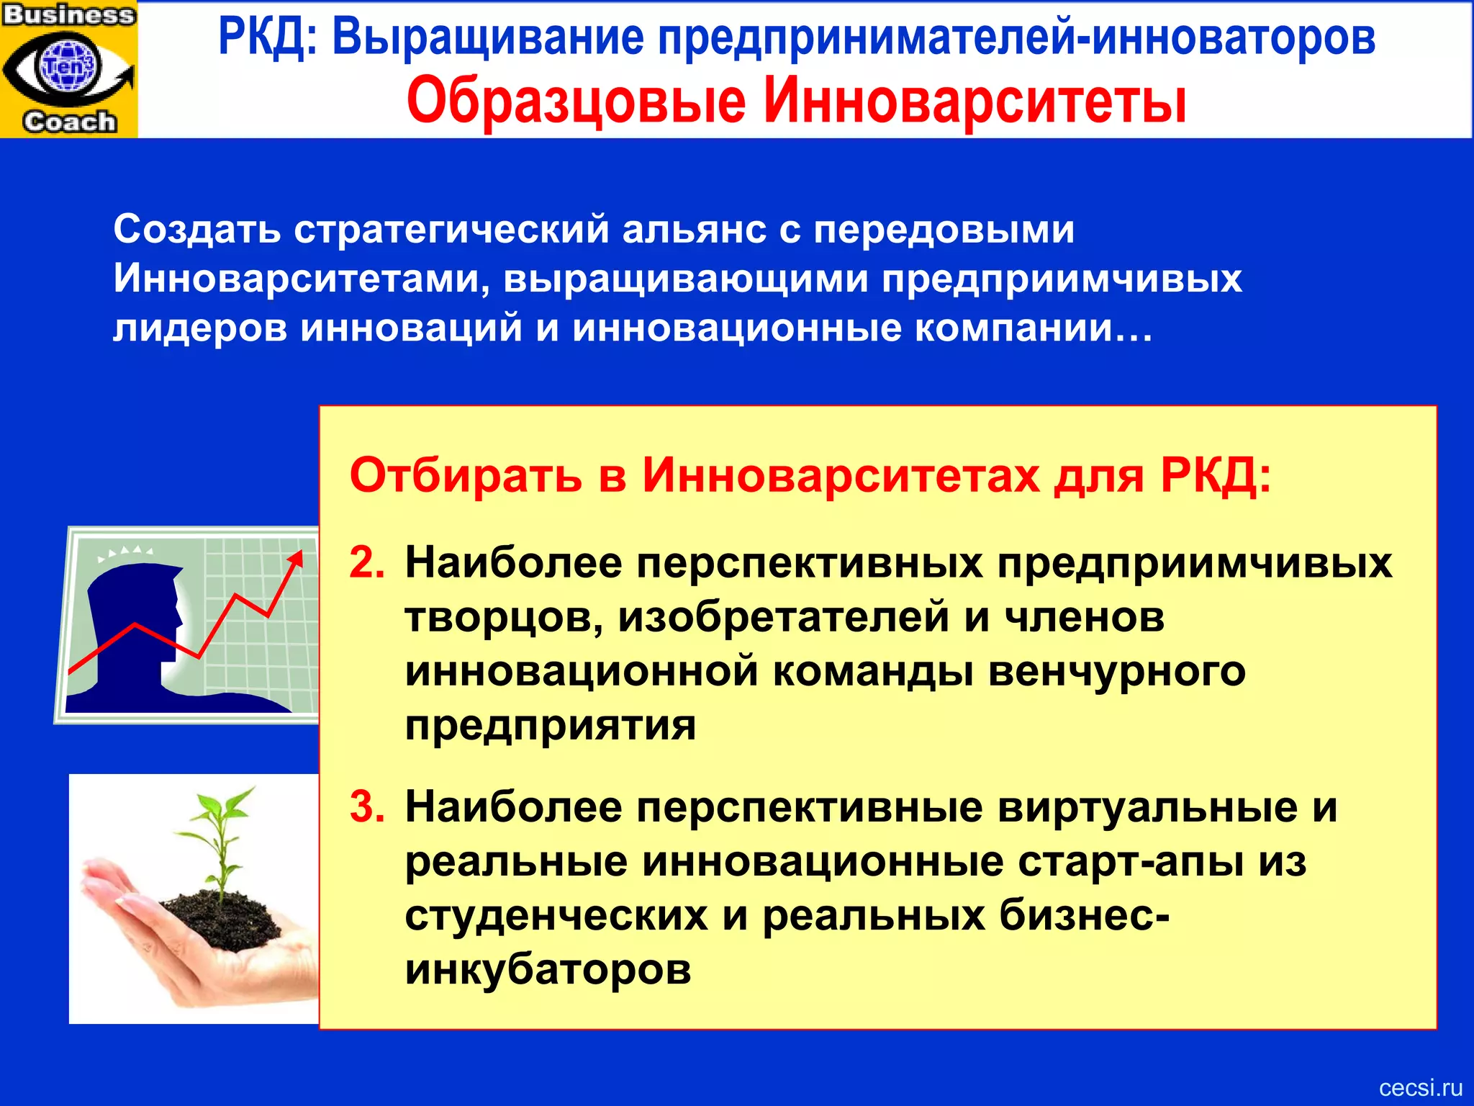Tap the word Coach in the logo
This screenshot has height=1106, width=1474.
tap(69, 121)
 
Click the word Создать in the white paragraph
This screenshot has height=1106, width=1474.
tap(196, 230)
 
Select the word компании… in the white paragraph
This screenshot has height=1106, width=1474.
tap(1034, 329)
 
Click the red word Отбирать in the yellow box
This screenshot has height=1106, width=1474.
tap(465, 476)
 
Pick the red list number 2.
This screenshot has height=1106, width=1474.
tap(366, 562)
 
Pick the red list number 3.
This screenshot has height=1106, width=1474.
tap(366, 806)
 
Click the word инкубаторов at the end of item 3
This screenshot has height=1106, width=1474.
tap(548, 970)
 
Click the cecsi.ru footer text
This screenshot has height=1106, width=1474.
tap(1420, 1087)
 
